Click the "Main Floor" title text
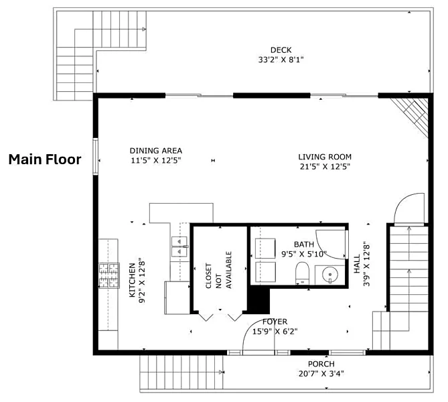click(45, 159)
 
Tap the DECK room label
click(281, 50)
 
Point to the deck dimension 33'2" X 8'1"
click(281, 60)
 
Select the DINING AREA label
click(156, 151)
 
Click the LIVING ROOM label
click(325, 157)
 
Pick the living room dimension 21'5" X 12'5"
click(325, 166)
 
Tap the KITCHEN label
click(132, 280)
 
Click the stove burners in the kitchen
click(109, 275)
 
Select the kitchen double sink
click(179, 247)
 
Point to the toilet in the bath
click(302, 273)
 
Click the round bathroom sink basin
click(330, 275)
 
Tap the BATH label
click(304, 245)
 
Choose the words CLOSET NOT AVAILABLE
click(218, 270)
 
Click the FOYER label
click(275, 322)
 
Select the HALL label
click(357, 264)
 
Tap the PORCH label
click(321, 364)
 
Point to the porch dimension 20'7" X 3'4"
click(321, 374)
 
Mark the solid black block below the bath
click(258, 299)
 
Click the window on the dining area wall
click(96, 156)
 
